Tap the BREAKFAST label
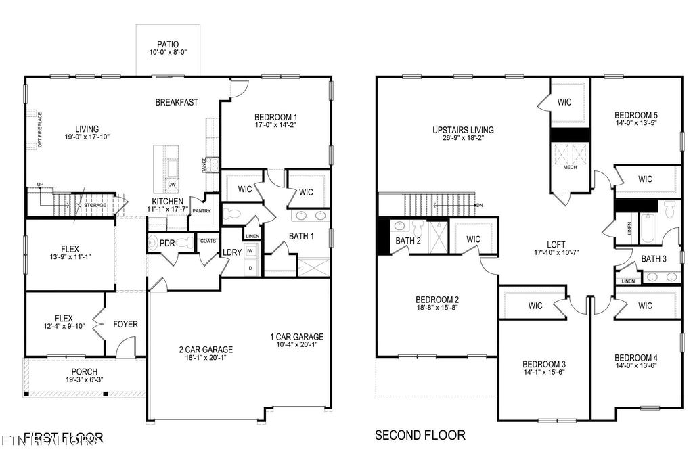click(177, 102)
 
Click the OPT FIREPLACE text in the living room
click(40, 129)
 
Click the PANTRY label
click(202, 210)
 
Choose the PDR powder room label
click(167, 243)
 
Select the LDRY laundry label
click(233, 253)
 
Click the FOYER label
click(125, 324)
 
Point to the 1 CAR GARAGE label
click(296, 337)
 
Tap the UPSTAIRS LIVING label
click(464, 130)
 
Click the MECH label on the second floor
click(570, 167)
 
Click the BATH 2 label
click(409, 240)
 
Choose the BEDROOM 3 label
click(545, 363)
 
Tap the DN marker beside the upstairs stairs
click(479, 205)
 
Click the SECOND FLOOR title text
click(420, 435)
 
